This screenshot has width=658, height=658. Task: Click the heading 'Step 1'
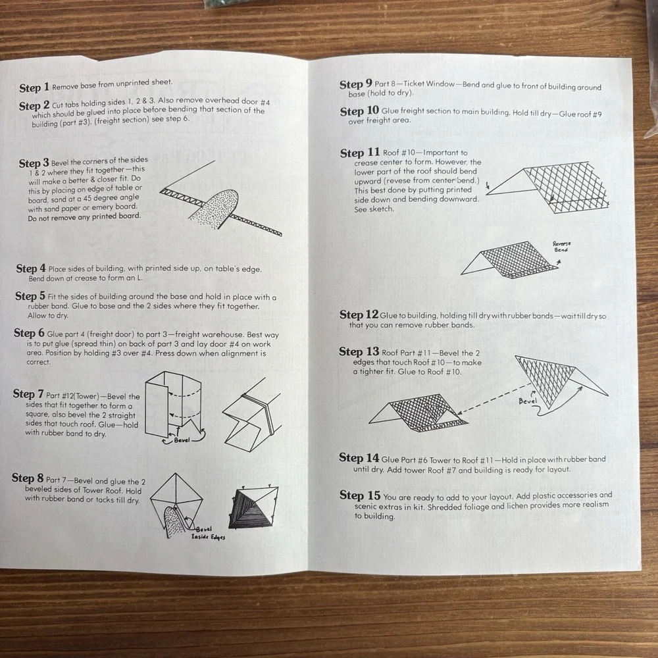[34, 88]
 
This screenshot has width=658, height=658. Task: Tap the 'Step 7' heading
[28, 394]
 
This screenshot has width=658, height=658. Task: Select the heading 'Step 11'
[360, 153]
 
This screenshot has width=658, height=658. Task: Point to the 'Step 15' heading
[360, 495]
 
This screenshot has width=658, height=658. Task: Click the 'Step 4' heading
[31, 268]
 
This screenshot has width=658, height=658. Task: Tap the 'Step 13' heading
[359, 351]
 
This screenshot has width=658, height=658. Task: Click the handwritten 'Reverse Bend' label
[561, 246]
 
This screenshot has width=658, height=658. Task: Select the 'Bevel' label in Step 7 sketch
[182, 440]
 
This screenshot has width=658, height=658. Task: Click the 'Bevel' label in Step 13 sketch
[528, 401]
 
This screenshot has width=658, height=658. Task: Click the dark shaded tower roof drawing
[253, 507]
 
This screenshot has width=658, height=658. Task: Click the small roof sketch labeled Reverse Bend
[511, 260]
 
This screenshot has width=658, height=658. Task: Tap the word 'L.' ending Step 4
[139, 278]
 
